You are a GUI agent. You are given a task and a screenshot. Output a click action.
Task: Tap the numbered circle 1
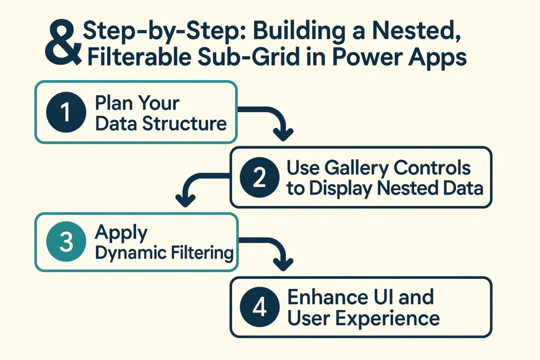pyautogui.click(x=66, y=112)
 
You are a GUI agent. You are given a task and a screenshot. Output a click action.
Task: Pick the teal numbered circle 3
pyautogui.click(x=66, y=242)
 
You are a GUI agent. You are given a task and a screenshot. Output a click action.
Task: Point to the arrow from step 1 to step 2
pyautogui.click(x=269, y=121)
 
